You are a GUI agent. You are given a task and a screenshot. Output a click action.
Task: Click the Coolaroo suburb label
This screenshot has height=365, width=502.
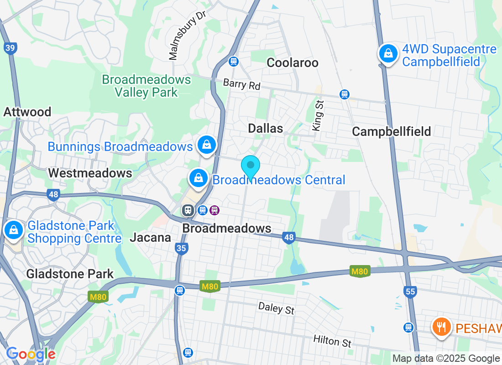point(292,63)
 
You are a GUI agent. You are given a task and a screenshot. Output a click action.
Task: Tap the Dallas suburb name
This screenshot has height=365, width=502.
point(266,128)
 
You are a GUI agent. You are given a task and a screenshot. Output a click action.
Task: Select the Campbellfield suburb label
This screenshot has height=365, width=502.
point(392,132)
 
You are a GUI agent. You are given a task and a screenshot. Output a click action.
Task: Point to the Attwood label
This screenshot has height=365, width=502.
point(27,112)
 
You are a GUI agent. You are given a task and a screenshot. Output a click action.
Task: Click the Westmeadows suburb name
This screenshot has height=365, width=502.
point(90,173)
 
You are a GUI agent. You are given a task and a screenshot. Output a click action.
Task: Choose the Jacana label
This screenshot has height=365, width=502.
point(151,237)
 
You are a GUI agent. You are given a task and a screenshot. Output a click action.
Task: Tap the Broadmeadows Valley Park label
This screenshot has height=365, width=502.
point(146,86)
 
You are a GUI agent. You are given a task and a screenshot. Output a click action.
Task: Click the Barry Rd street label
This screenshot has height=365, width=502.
point(241,84)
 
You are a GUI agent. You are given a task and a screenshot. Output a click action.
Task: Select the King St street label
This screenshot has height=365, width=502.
point(318,116)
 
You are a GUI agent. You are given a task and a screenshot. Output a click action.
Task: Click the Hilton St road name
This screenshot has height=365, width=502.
point(332,341)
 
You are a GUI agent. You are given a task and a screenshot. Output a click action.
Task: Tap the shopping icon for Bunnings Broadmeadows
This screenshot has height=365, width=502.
point(207,145)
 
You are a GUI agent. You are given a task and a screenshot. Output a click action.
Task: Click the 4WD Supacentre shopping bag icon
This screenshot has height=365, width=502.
point(388,54)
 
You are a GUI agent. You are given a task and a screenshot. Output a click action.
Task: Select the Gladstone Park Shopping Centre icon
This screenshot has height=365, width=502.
point(14,230)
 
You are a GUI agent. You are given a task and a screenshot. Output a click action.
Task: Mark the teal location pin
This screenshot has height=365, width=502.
point(250,166)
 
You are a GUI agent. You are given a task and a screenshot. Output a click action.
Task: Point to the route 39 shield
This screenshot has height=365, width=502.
point(10,48)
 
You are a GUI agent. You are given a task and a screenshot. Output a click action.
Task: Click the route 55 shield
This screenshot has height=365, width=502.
point(410,291)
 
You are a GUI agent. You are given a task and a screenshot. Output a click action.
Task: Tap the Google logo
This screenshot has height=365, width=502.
point(31,354)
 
